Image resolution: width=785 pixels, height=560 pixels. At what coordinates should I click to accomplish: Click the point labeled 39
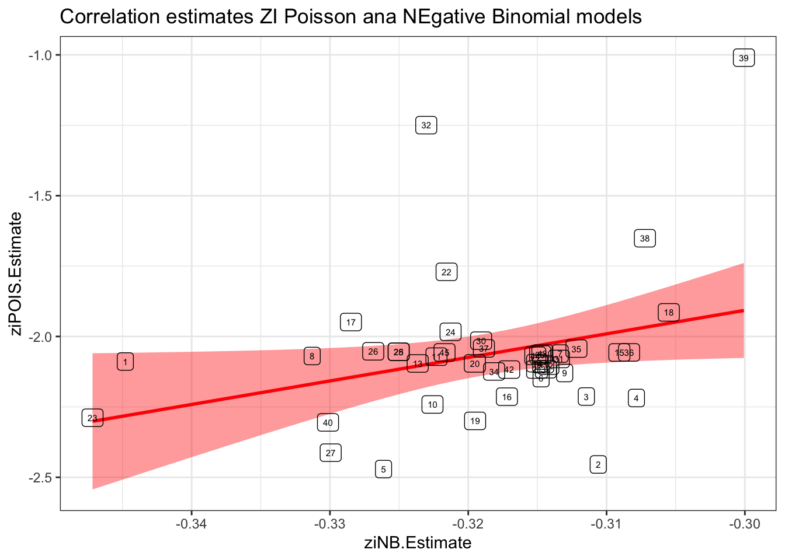(744, 58)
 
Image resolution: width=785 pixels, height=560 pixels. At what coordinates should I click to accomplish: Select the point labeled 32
(426, 125)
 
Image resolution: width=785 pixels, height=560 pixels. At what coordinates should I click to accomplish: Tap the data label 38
(645, 239)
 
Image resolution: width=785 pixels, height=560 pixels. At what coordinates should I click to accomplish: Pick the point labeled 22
(447, 272)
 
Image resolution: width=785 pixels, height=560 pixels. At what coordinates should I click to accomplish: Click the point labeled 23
(92, 418)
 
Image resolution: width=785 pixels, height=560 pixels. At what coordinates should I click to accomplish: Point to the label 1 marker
(125, 362)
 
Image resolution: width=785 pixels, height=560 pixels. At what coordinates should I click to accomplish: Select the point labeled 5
(383, 470)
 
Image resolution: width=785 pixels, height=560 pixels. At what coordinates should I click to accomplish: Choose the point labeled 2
(598, 465)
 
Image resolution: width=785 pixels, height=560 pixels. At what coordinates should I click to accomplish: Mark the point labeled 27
(331, 453)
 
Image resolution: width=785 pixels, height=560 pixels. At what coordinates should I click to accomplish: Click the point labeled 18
(669, 313)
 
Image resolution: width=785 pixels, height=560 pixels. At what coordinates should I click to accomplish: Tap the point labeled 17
(351, 323)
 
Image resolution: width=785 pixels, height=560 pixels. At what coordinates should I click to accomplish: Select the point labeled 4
(637, 398)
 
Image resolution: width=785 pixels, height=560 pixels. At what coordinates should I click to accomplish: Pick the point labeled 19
(475, 421)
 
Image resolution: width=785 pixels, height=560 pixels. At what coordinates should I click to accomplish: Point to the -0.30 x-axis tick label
(744, 524)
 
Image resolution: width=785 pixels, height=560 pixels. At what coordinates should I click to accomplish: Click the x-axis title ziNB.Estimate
(418, 544)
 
